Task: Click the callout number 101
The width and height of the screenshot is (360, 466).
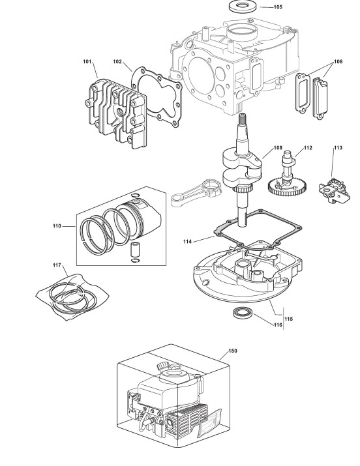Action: (87, 61)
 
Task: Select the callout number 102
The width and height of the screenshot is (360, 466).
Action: (117, 61)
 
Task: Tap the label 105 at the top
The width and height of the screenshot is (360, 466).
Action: (278, 7)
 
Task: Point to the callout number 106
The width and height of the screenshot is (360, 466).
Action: (338, 61)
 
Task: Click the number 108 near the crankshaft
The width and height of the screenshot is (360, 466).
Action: (278, 148)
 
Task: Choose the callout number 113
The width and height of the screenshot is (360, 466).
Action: (338, 148)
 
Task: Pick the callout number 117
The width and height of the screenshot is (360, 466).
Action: (57, 265)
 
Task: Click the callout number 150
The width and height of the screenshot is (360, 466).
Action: (233, 351)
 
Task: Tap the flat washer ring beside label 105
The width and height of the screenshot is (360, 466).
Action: (243, 7)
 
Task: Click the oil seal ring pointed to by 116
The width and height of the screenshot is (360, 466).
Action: (243, 312)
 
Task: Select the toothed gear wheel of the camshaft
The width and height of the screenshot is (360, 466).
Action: (286, 186)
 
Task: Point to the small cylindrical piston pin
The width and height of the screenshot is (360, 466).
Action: (134, 250)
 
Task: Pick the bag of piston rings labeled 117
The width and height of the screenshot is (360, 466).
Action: (72, 297)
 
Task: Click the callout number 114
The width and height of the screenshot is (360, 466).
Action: (187, 242)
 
